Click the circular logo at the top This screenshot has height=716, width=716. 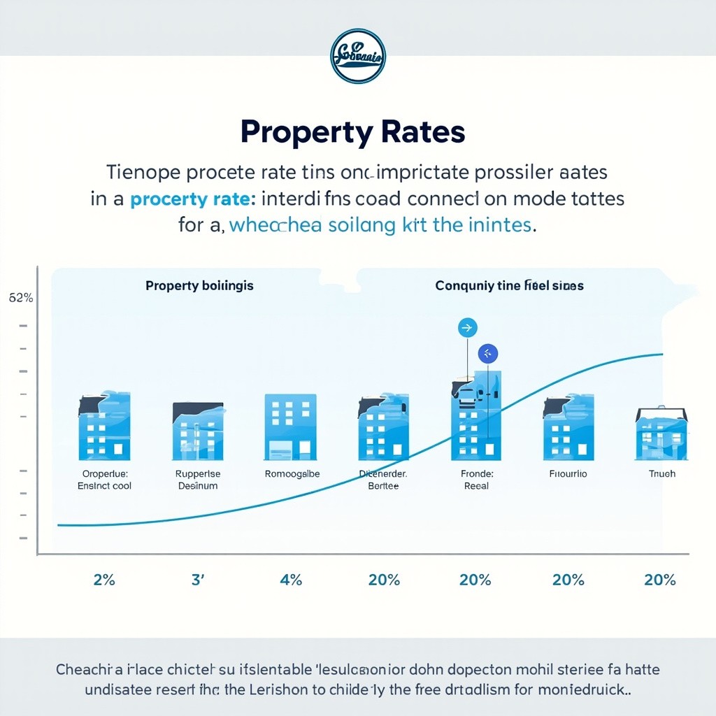pyautogui.click(x=357, y=57)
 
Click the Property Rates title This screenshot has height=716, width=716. pyautogui.click(x=352, y=131)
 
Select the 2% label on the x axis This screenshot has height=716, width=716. pyautogui.click(x=103, y=580)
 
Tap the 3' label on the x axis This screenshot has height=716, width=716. pyautogui.click(x=198, y=580)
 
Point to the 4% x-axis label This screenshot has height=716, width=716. pyautogui.click(x=290, y=580)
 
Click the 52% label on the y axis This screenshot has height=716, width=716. pyautogui.click(x=21, y=298)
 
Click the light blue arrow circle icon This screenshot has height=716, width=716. pyautogui.click(x=466, y=327)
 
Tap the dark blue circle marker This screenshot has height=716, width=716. pyautogui.click(x=487, y=354)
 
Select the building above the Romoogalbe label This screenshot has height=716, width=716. pyautogui.click(x=290, y=427)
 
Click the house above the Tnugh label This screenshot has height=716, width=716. pyautogui.click(x=661, y=434)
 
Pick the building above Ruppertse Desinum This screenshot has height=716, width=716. pyautogui.click(x=198, y=431)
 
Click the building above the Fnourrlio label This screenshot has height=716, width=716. pyautogui.click(x=568, y=427)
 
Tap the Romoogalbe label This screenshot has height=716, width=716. pyautogui.click(x=292, y=474)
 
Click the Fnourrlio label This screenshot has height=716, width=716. pyautogui.click(x=568, y=474)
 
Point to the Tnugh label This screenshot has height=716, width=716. pyautogui.click(x=661, y=474)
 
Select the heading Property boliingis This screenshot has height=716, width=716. pyautogui.click(x=199, y=286)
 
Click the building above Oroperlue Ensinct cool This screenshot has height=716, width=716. pyautogui.click(x=103, y=427)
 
